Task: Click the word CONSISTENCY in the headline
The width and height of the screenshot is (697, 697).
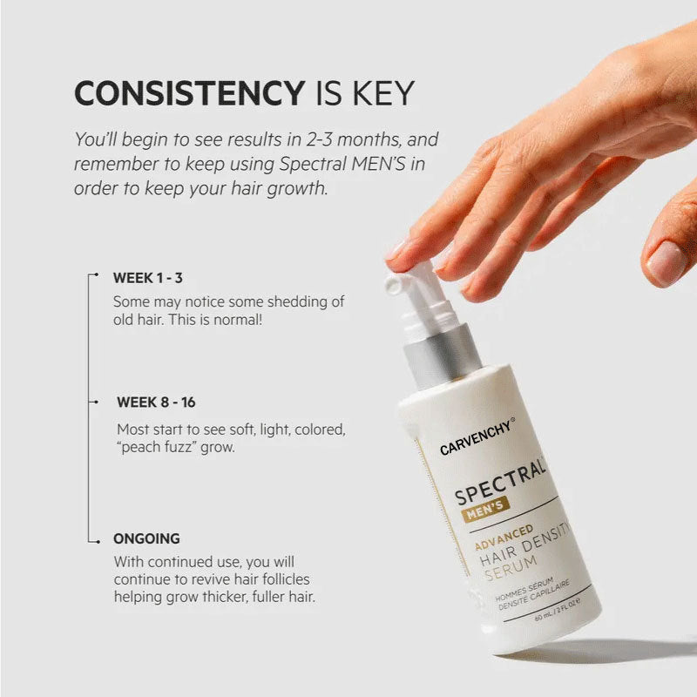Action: (186, 93)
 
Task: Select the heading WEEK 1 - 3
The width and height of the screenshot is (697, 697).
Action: (147, 279)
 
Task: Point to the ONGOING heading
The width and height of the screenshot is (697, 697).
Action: (146, 538)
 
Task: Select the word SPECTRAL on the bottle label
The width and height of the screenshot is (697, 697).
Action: (500, 484)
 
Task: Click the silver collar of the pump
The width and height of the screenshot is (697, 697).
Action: (442, 355)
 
